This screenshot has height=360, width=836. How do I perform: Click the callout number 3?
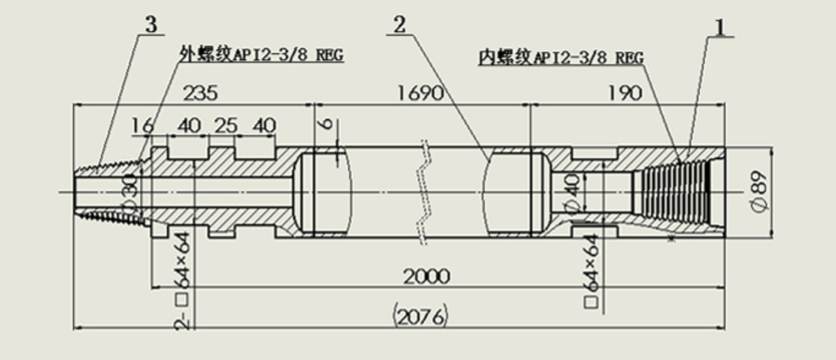click(152, 24)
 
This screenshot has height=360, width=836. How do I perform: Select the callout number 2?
click(399, 25)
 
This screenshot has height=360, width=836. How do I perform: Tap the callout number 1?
click(720, 27)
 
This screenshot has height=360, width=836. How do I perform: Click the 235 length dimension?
click(200, 94)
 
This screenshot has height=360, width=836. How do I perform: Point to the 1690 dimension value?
click(420, 94)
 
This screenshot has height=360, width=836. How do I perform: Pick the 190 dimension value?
click(624, 94)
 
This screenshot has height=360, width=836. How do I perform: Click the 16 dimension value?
click(143, 126)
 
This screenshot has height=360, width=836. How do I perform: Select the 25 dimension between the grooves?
click(226, 126)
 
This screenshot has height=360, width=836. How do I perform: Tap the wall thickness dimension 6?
click(328, 123)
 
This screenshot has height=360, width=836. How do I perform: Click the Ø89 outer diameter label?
click(761, 191)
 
